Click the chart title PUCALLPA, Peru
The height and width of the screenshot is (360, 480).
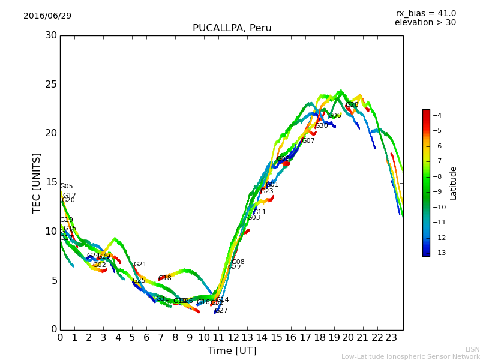(232, 28)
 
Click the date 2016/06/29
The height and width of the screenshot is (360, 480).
(47, 16)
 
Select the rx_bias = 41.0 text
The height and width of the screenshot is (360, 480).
(425, 13)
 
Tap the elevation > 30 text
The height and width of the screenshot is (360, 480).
(425, 23)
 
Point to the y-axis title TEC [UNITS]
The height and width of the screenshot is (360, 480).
(37, 182)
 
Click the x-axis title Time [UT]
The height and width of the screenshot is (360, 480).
(232, 350)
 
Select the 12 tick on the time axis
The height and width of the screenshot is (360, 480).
(233, 338)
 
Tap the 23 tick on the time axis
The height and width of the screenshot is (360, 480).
(391, 338)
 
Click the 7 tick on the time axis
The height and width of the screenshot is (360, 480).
(161, 338)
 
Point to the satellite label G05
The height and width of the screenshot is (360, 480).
(66, 187)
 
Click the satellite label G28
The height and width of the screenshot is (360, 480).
(352, 105)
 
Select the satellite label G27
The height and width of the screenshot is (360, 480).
(221, 311)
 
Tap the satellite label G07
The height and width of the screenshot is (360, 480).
(308, 141)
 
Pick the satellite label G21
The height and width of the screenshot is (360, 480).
(140, 265)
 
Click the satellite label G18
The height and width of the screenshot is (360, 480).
(165, 278)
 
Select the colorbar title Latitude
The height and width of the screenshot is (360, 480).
(454, 183)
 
